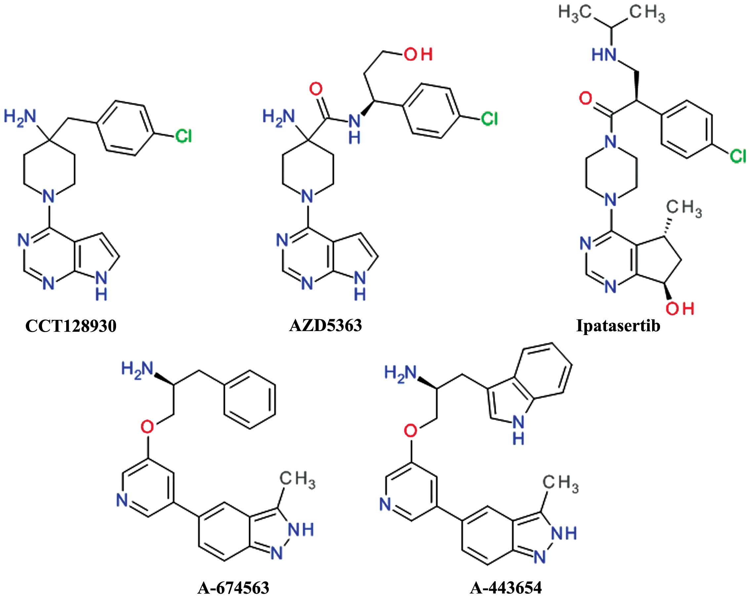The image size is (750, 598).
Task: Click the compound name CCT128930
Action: click(x=71, y=327)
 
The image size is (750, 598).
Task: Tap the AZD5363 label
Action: click(x=326, y=325)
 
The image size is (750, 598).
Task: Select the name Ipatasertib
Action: click(x=618, y=327)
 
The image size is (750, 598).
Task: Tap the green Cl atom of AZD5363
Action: click(x=489, y=119)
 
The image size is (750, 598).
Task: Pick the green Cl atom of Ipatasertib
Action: click(x=738, y=156)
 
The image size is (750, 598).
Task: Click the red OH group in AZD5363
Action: click(x=418, y=55)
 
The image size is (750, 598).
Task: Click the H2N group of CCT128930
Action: click(x=20, y=116)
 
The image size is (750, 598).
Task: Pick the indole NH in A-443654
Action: click(x=518, y=431)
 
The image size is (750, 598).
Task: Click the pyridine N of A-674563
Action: click(x=122, y=501)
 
